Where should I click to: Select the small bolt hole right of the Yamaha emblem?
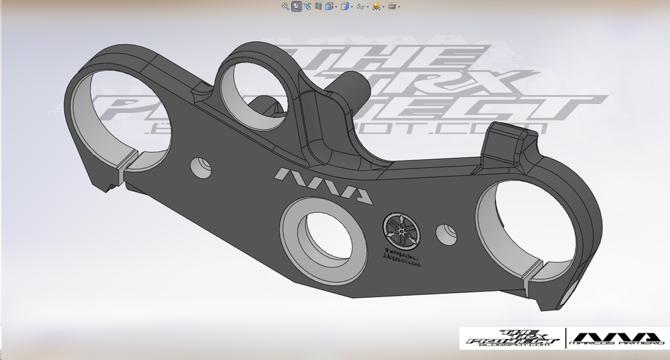click(444, 232)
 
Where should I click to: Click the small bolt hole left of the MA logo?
click(202, 165)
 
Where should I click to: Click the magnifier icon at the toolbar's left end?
click(285, 6)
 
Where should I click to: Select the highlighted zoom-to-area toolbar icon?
click(297, 6)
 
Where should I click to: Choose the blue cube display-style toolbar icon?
click(345, 6)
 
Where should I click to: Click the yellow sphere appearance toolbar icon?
click(376, 6)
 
